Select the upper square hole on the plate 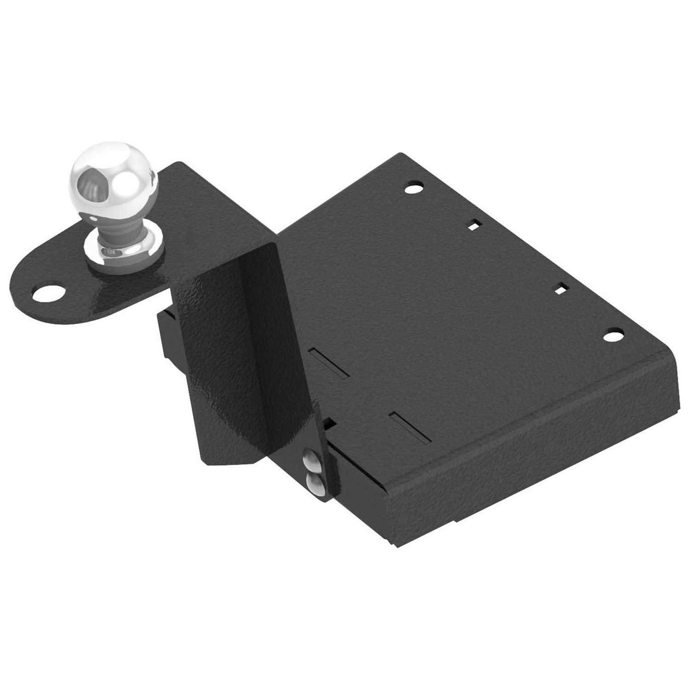pos(474,225)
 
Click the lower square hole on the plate pos(561,290)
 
